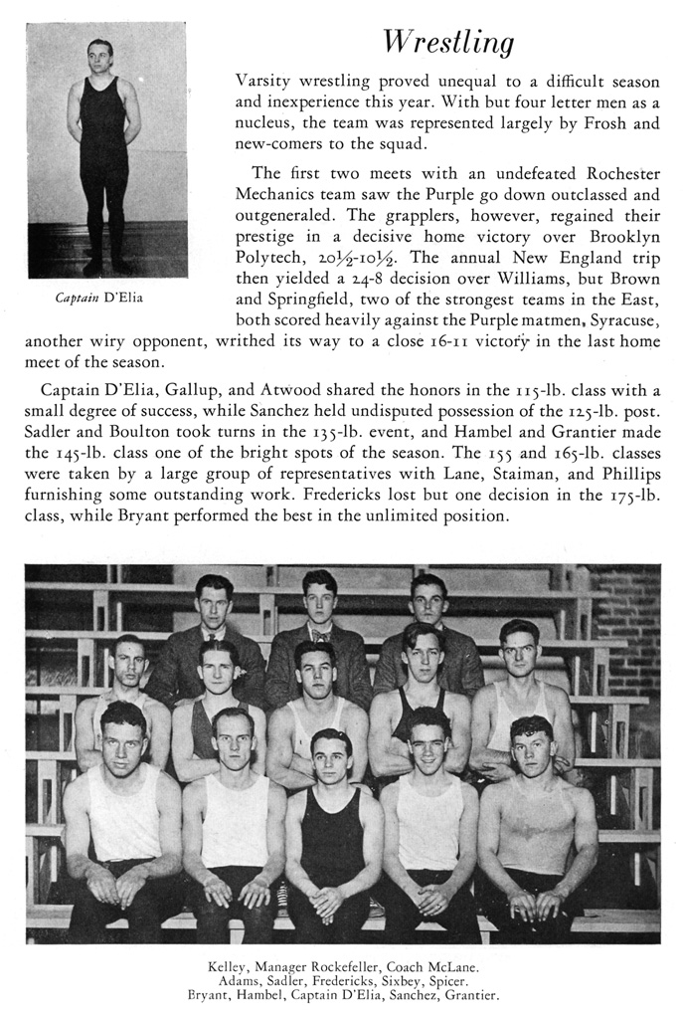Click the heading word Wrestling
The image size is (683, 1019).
tap(448, 43)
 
